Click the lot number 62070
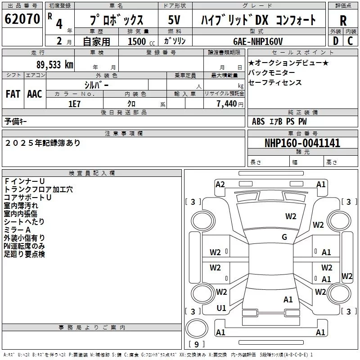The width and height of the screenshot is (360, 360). (x=22, y=20)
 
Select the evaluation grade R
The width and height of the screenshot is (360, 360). (x=343, y=21)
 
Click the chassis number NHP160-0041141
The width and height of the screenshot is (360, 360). (x=302, y=143)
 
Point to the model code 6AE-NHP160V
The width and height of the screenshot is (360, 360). (x=258, y=41)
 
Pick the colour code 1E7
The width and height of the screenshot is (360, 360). (x=74, y=103)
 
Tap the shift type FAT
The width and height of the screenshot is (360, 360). (x=13, y=94)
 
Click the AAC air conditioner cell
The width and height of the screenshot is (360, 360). (x=35, y=94)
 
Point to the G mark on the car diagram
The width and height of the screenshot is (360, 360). (x=284, y=237)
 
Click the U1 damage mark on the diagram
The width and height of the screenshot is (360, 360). (x=221, y=308)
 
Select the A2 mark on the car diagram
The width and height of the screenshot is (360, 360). (x=220, y=184)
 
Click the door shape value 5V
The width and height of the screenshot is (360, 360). (x=174, y=21)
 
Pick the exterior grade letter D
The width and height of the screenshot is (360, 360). (x=335, y=41)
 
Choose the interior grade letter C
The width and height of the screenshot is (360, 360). (x=350, y=41)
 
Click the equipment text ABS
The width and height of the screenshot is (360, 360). (x=258, y=121)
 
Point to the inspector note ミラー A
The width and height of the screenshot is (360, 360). (x=17, y=229)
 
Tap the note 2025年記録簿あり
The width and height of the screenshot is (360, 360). (x=43, y=143)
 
